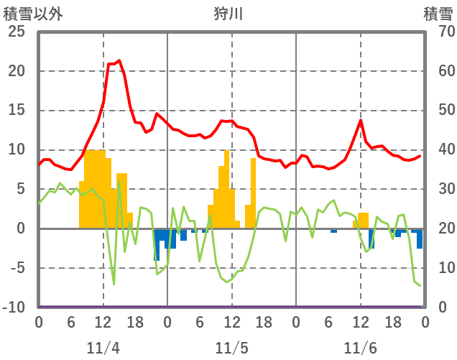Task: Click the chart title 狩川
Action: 229,14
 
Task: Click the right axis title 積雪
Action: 438,14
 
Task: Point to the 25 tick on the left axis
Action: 16,32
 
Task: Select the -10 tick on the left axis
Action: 14,308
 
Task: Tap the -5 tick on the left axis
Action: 17,268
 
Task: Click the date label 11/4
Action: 103,348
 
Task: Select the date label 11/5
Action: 231,348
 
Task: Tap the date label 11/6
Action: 360,348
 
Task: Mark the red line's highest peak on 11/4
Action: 119,61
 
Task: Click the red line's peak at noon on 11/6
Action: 361,120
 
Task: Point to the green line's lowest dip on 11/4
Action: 114,284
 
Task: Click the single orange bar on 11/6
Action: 363,221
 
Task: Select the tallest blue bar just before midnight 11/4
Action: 157,244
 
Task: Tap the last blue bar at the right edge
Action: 420,239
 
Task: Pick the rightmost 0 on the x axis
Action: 425,322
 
